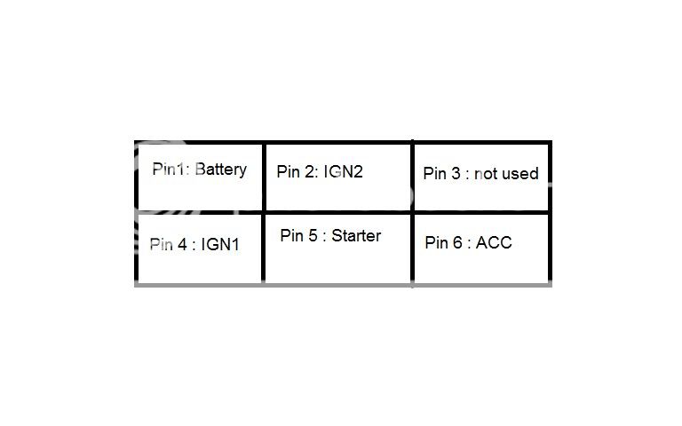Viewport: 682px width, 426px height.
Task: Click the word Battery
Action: (221, 170)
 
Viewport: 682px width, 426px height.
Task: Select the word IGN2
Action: (343, 171)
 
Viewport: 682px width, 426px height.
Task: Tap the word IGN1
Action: (220, 244)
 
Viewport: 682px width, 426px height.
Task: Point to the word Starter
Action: (356, 235)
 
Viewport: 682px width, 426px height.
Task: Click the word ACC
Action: (494, 242)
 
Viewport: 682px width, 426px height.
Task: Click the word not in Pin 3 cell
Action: (486, 174)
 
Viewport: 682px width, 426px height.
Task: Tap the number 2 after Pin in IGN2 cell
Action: (309, 171)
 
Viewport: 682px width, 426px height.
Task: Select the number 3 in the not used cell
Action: (456, 173)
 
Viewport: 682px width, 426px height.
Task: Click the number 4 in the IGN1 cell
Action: (182, 244)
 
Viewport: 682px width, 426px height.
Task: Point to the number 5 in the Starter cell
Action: (313, 235)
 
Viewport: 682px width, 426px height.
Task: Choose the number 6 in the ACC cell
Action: (457, 242)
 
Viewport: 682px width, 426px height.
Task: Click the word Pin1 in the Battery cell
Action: (168, 169)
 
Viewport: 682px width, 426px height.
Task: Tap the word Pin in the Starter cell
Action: (292, 235)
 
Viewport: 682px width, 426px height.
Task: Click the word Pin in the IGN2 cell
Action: (288, 171)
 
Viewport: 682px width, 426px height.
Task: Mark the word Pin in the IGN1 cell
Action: (162, 244)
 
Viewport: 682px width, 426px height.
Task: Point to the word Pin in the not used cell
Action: (435, 173)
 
